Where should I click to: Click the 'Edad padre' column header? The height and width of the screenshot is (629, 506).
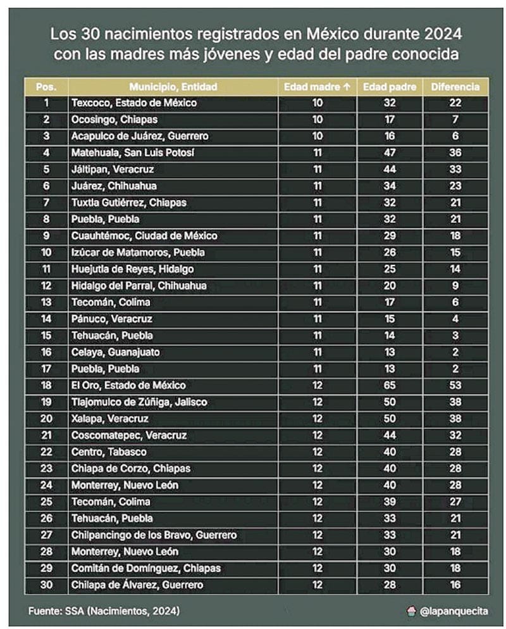pos(389,87)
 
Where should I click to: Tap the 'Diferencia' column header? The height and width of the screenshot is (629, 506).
pos(455,87)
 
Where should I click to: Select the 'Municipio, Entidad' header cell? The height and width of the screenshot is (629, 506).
pos(173,87)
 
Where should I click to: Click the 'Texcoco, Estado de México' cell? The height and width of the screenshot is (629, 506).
pos(134,103)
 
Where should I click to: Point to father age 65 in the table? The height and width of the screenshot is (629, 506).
pos(389,385)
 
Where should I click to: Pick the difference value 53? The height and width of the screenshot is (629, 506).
pos(455,385)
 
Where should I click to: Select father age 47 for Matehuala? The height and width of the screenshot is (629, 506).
pos(389,153)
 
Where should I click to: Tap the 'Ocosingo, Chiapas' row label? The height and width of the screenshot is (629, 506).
pos(114,120)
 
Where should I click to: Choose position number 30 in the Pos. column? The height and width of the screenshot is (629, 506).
pos(47,585)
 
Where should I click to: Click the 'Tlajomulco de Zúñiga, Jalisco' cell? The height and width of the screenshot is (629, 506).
pos(139,402)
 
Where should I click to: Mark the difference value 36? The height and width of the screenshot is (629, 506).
pos(455,153)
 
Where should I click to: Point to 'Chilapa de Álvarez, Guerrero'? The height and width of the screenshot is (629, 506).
pos(137,585)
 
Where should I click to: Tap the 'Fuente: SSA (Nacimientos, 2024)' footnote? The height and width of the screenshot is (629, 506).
pos(104,611)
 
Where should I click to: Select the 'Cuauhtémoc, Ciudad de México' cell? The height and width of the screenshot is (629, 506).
pos(144,236)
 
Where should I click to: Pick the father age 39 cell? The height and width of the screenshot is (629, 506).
pos(389,502)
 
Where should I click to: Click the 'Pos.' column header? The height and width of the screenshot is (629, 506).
pos(47,87)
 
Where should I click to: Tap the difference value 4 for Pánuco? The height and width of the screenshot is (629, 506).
pos(455,319)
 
